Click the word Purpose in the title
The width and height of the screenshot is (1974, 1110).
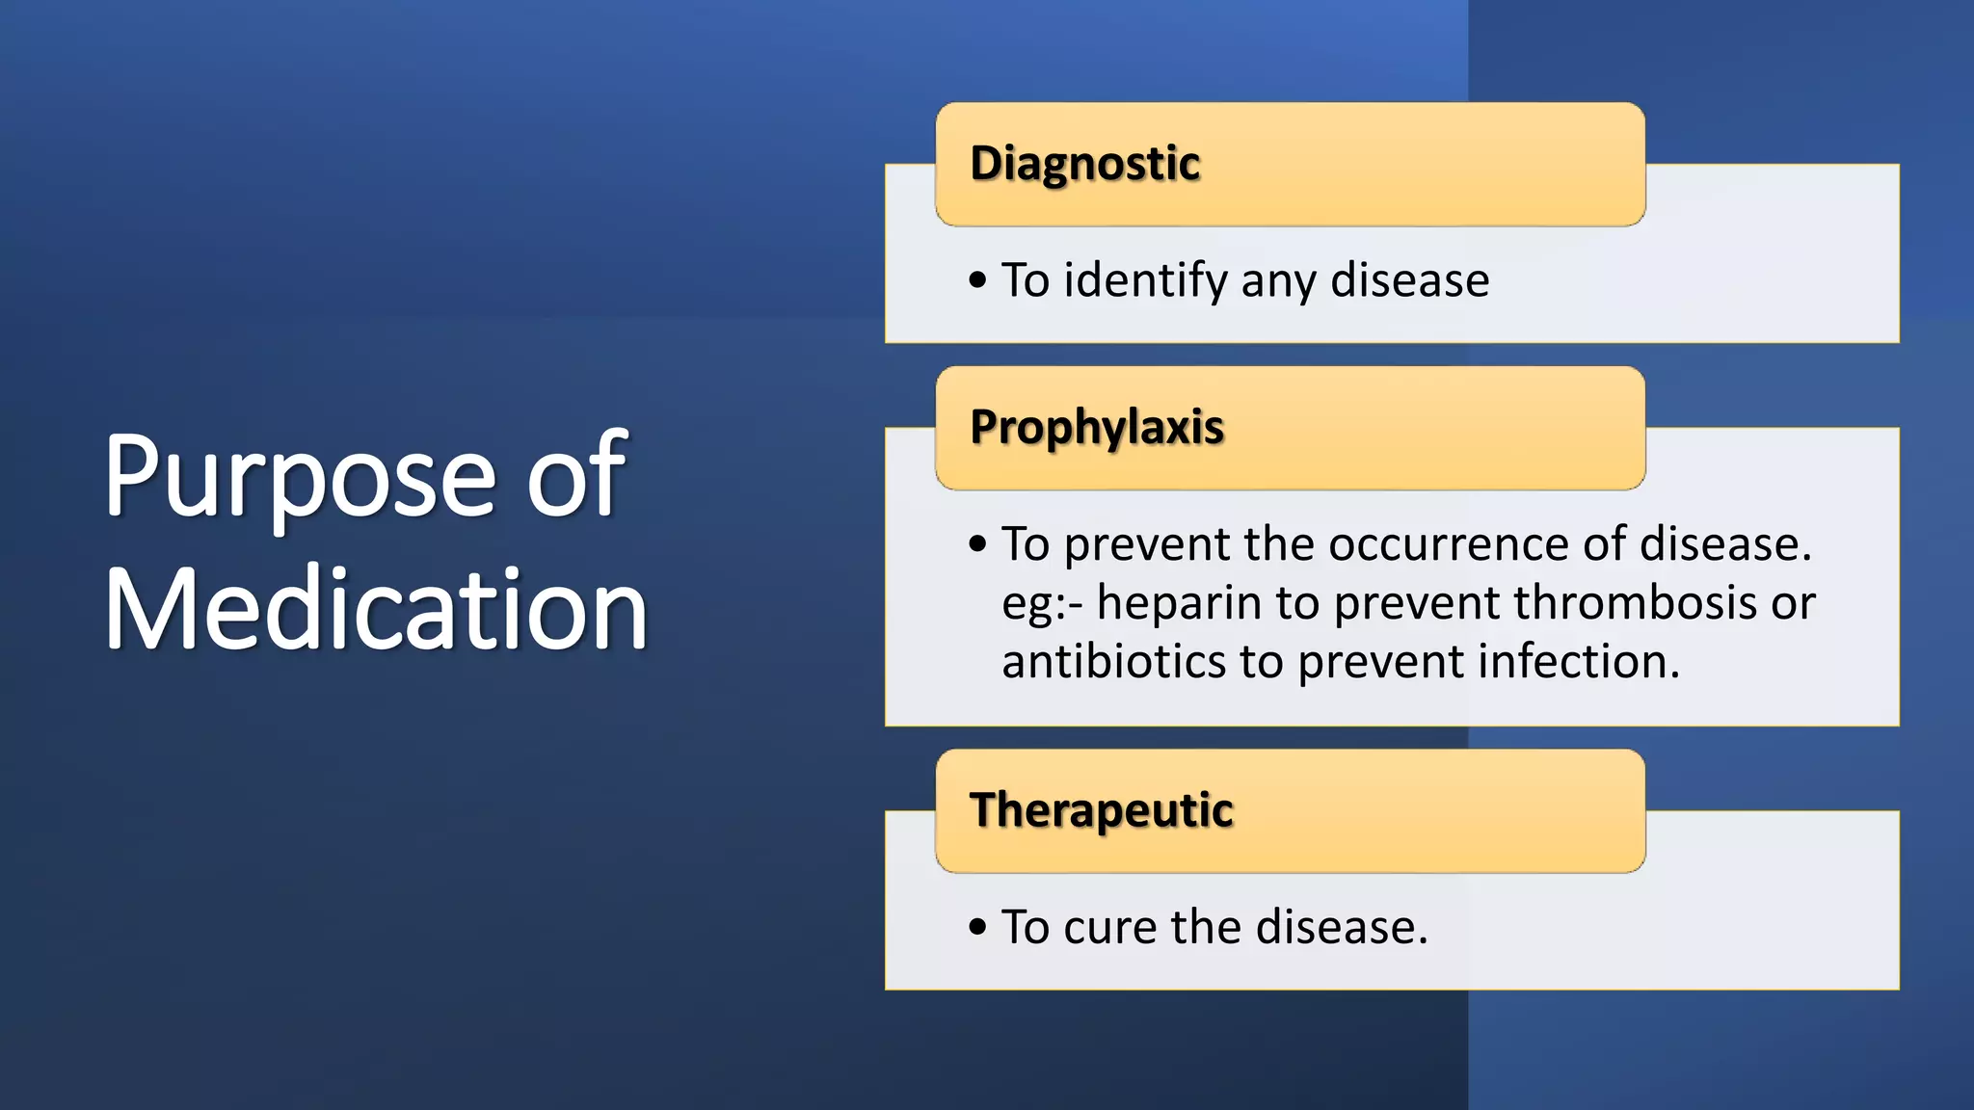tap(299, 478)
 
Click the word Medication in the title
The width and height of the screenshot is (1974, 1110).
tap(375, 611)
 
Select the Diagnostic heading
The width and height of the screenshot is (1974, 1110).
tap(1084, 164)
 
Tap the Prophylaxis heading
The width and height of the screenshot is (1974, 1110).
tap(1097, 428)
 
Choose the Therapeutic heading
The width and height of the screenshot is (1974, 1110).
tap(1101, 810)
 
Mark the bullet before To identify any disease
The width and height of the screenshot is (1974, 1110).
tap(977, 280)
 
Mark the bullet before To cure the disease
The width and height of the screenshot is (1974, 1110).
tap(977, 927)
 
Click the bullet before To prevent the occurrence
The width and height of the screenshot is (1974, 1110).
tap(977, 544)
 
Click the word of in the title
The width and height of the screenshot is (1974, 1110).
tap(576, 478)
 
